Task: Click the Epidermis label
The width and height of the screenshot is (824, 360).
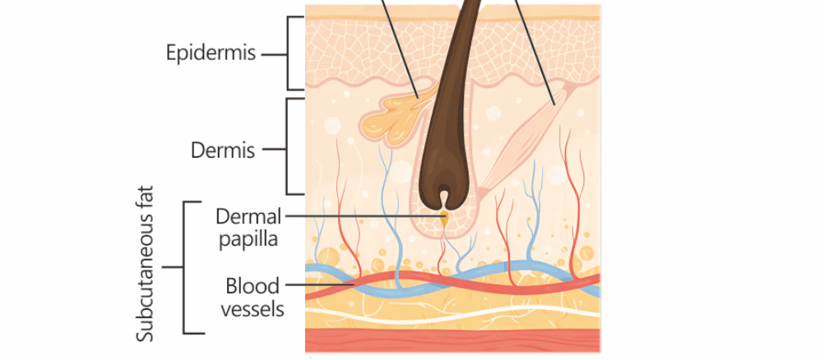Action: point(211,53)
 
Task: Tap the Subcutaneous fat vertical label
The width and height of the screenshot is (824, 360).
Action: point(146,268)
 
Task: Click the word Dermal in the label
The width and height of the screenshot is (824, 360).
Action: point(248,216)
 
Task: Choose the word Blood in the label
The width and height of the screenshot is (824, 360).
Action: point(252,286)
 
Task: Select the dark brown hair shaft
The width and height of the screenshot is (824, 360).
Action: point(445,99)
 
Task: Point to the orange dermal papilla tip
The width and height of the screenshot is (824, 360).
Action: point(444,219)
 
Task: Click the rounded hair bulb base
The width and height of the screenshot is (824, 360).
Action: point(444,193)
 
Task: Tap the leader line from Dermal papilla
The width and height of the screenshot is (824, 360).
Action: point(362,217)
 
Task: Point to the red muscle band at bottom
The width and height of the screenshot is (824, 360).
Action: point(452,339)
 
